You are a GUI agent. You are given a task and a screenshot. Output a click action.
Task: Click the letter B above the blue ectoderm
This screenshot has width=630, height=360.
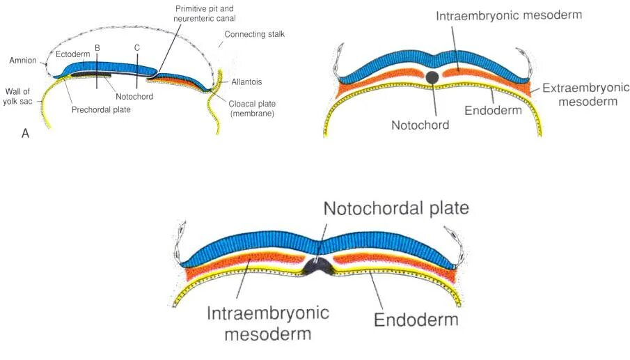pyautogui.click(x=97, y=47)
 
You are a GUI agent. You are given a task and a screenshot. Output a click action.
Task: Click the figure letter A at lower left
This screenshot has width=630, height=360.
pyautogui.click(x=26, y=134)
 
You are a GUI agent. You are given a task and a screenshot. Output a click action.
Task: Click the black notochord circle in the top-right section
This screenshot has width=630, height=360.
pyautogui.click(x=432, y=77)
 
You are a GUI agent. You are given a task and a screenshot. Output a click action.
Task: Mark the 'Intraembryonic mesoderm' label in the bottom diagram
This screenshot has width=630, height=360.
pyautogui.click(x=259, y=323)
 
